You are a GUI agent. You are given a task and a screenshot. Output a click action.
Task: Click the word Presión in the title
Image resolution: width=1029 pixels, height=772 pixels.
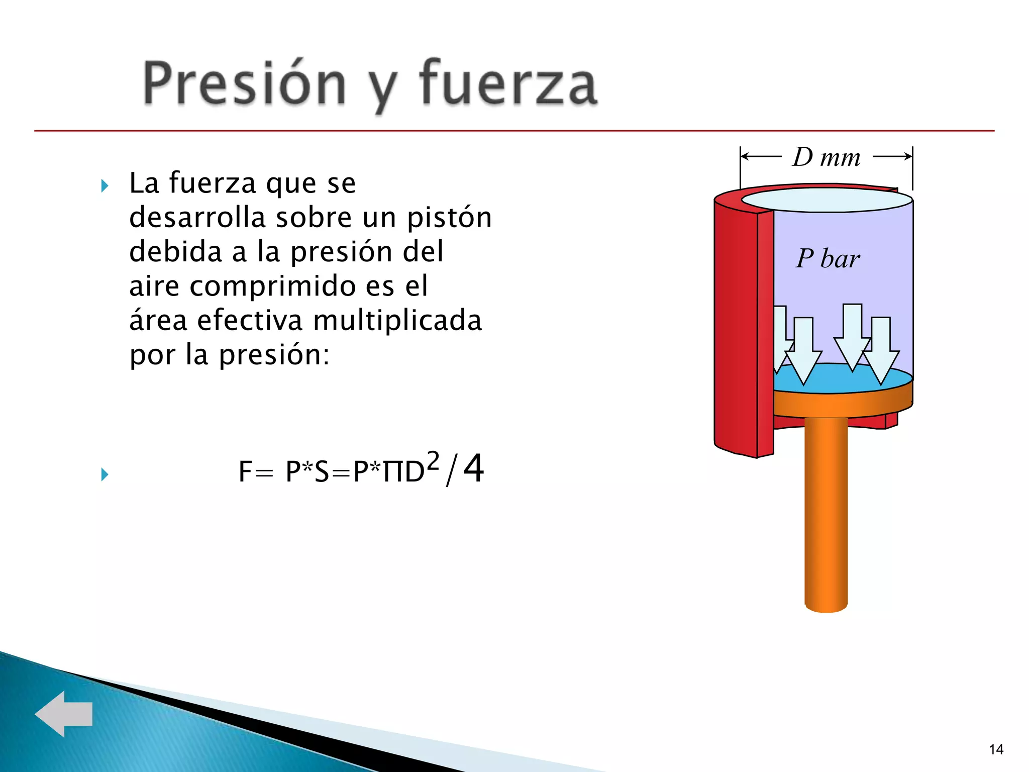tap(245, 83)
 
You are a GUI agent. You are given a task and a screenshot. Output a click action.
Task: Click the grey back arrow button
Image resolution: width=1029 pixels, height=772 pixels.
tap(64, 714)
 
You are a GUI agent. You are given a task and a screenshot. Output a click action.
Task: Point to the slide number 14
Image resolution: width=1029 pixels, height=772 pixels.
tap(996, 749)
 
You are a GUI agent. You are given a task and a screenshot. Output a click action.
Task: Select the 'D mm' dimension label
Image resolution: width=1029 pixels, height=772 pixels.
tap(827, 157)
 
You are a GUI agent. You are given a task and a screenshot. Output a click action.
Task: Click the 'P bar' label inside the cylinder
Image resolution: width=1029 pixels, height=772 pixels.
tap(828, 259)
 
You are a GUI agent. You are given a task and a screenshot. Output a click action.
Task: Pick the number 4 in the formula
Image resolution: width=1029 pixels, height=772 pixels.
tap(473, 468)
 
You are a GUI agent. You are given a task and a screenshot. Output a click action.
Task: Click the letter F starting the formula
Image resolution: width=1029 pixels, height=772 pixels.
tap(245, 472)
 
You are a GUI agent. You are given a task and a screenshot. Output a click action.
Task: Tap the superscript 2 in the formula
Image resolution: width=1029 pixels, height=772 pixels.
tap(433, 460)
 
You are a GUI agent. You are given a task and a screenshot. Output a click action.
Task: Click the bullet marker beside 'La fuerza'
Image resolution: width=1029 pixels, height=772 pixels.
tap(105, 186)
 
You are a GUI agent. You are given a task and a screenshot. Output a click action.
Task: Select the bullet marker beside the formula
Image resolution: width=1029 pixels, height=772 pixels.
tap(105, 474)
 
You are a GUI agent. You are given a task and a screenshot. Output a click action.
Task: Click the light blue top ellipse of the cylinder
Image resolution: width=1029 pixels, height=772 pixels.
tap(827, 200)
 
